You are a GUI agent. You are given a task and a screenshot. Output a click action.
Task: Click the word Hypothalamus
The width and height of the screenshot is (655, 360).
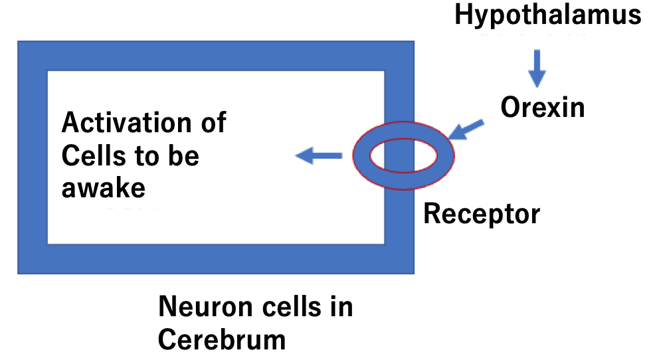click(x=548, y=15)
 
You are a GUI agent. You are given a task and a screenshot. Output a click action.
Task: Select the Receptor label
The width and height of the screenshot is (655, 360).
click(x=482, y=214)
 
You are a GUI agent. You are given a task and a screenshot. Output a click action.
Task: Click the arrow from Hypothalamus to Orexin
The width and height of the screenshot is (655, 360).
click(x=537, y=68)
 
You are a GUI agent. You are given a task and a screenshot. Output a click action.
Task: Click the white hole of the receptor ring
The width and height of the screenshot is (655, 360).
click(x=403, y=157)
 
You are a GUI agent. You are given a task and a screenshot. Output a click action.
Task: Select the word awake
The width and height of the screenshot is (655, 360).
click(x=103, y=189)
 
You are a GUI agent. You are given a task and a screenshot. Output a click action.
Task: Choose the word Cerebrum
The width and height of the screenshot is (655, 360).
click(x=222, y=339)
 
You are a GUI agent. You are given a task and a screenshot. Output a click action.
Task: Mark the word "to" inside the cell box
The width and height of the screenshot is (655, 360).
click(x=145, y=157)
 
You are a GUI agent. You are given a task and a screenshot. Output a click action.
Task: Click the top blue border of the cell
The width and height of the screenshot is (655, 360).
click(x=215, y=56)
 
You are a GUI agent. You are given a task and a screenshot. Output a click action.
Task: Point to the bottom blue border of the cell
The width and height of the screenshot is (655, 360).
click(x=215, y=259)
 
